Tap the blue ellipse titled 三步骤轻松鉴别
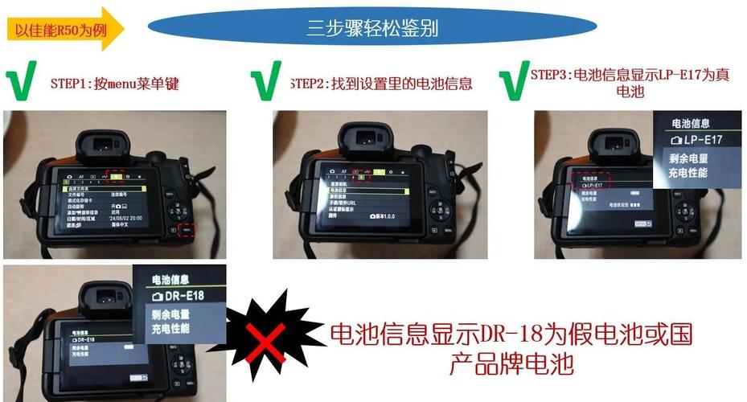point(372,29)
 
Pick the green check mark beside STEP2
point(266,82)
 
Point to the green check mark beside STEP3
point(512,82)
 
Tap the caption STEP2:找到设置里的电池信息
point(380,83)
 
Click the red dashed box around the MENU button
point(187,229)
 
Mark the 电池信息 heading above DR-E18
point(171,280)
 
